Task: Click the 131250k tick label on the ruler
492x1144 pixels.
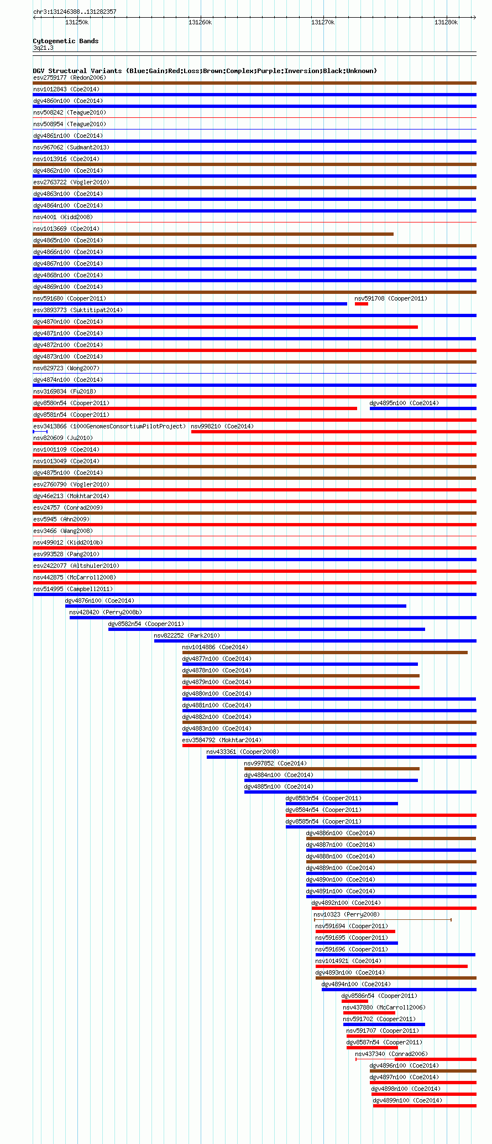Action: [x=77, y=22]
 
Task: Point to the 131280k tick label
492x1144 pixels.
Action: [x=446, y=22]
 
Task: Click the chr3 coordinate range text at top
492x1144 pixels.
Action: [x=75, y=12]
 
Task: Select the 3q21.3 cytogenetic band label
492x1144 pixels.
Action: [x=43, y=48]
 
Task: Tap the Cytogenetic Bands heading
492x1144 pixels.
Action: [x=65, y=41]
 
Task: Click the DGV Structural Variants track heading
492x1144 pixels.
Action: [x=205, y=71]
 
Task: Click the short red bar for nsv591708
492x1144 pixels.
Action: [x=361, y=304]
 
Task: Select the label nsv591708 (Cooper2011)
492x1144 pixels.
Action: [x=390, y=298]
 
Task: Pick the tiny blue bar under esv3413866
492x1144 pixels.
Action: [x=40, y=432]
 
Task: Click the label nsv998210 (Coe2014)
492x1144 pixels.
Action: [x=222, y=426]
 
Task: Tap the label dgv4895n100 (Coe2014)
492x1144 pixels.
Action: [x=404, y=403]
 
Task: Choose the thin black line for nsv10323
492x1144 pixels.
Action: [x=383, y=920]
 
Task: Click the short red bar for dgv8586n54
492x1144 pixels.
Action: [x=354, y=1001]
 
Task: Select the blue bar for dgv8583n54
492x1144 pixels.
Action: [x=341, y=804]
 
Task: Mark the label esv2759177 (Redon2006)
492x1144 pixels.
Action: [x=69, y=77]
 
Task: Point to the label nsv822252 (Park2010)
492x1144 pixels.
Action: [x=186, y=635]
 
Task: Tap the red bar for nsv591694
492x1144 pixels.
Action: [x=355, y=931]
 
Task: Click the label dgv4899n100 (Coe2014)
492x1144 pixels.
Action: [x=407, y=1100]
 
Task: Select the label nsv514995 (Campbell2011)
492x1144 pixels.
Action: [x=72, y=589]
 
